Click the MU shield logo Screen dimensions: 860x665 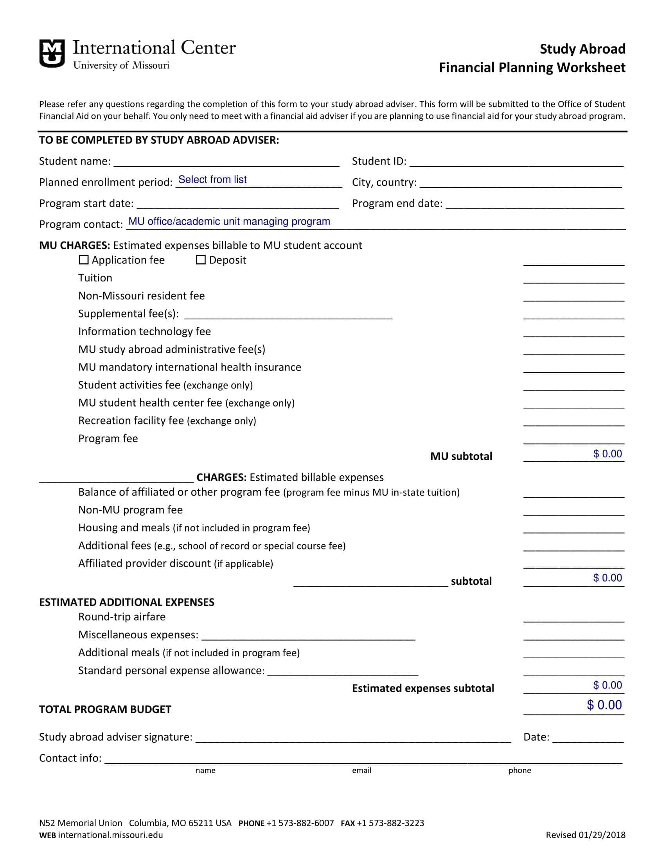click(52, 53)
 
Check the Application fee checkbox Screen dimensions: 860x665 click(84, 260)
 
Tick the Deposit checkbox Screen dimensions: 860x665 click(201, 260)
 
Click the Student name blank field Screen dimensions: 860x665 click(226, 162)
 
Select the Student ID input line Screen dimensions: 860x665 click(516, 162)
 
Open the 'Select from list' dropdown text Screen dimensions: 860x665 click(212, 179)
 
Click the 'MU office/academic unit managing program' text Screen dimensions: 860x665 click(229, 222)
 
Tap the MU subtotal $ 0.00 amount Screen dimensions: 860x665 click(607, 454)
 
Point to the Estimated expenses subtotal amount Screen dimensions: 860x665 click(607, 685)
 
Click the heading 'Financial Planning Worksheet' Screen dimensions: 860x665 click(532, 68)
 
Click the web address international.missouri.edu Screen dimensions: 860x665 click(110, 835)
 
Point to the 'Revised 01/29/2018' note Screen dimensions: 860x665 click(586, 835)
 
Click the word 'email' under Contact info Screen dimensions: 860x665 click(362, 770)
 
